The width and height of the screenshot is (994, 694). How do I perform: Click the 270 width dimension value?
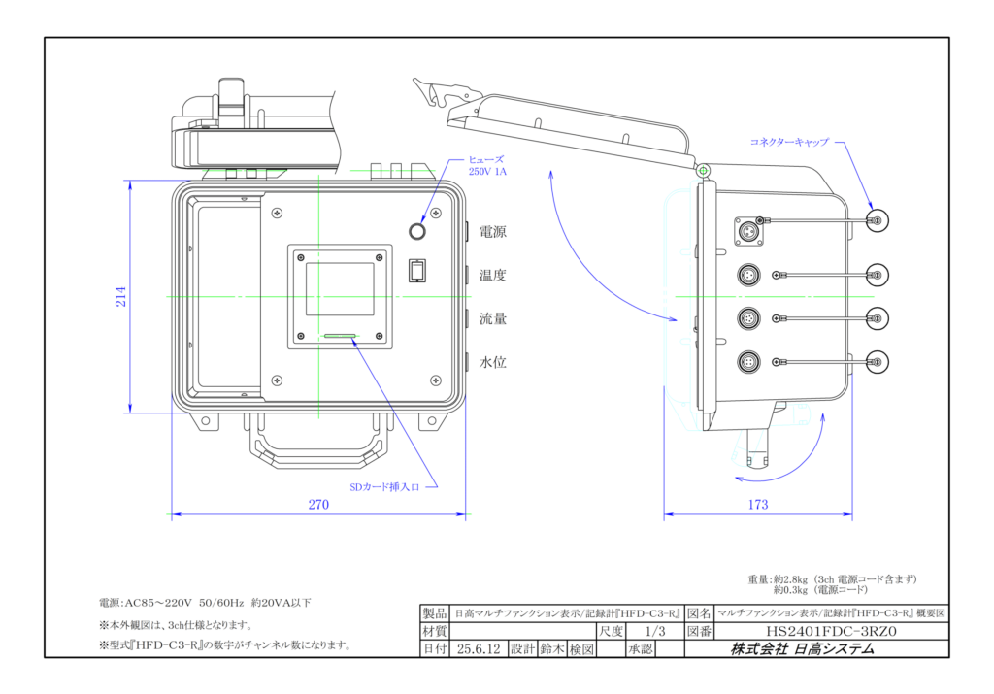(x=318, y=505)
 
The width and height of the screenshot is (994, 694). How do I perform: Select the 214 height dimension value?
(x=120, y=297)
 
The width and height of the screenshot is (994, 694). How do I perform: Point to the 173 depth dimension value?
(x=757, y=505)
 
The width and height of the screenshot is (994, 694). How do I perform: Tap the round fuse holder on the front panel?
(x=417, y=231)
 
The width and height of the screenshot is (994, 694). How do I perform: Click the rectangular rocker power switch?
(x=416, y=271)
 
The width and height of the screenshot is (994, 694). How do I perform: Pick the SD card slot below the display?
(x=341, y=336)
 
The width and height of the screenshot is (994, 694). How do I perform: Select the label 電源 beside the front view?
(x=492, y=232)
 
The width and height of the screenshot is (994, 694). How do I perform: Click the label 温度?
(x=492, y=275)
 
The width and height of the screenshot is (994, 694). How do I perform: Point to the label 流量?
(x=492, y=318)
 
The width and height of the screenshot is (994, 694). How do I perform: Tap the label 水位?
(x=492, y=362)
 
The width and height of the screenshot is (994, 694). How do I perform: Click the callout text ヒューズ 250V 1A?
(x=487, y=165)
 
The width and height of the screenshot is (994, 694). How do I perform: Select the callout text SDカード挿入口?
(x=384, y=487)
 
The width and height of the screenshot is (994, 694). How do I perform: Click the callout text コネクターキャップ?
(x=789, y=142)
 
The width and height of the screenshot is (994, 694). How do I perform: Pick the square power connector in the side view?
(x=748, y=231)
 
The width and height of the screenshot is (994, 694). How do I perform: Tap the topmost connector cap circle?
(x=878, y=220)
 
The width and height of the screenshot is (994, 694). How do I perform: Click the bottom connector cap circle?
(x=878, y=362)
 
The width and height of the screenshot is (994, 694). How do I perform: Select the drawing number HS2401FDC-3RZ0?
(x=831, y=631)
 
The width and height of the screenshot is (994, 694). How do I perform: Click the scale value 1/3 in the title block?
(x=655, y=631)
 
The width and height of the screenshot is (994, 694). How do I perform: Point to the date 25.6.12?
(x=479, y=649)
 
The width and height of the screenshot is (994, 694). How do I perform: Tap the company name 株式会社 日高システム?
(x=802, y=649)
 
